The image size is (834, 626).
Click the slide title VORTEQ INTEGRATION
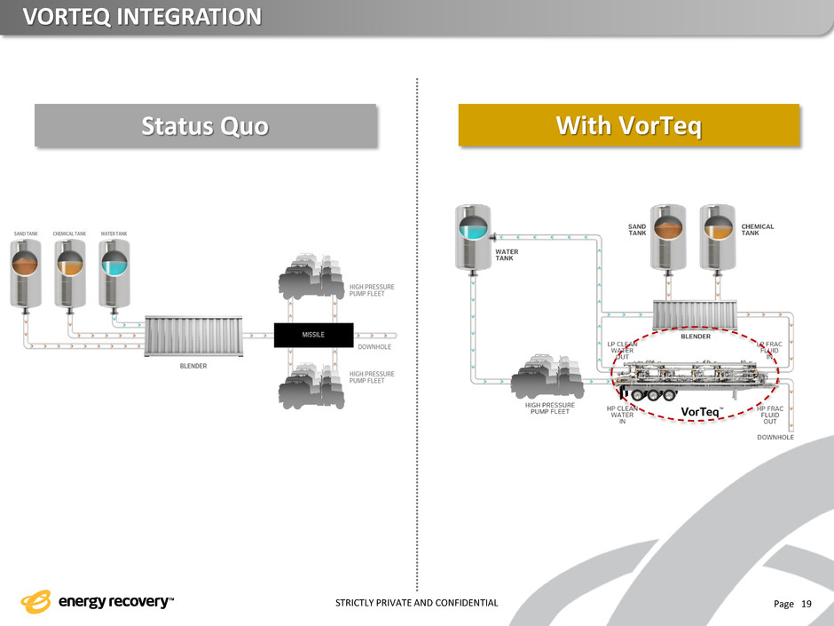[142, 17]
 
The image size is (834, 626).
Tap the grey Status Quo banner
[206, 126]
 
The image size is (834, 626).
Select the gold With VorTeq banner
[628, 126]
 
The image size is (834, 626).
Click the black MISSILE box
[313, 335]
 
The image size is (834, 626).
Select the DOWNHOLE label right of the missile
[375, 347]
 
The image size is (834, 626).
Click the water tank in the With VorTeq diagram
[472, 236]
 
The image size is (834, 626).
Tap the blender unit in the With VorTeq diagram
[695, 314]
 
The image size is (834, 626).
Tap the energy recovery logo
[98, 602]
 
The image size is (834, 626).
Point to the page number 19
[806, 604]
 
